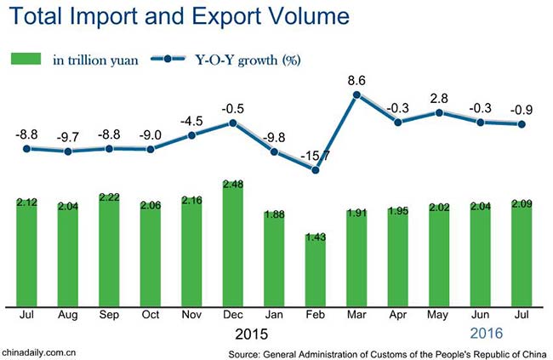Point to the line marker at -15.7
coord(316,169)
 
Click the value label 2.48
coord(232,184)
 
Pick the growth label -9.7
coord(68,136)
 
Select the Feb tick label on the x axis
coord(316,314)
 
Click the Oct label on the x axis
coord(151,314)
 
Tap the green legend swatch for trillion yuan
coord(26,59)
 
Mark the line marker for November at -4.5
coord(191,135)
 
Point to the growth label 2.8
coord(439,99)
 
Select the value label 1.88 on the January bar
coord(274,214)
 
